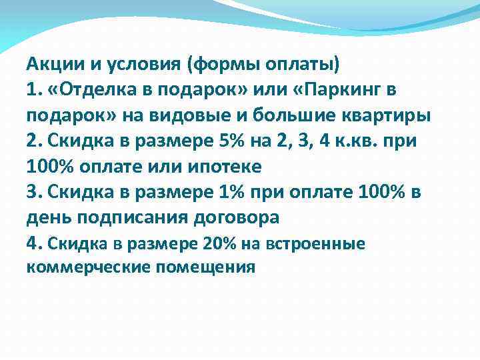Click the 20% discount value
point(211,244)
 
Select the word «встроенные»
point(316,244)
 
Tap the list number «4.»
point(35,243)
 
